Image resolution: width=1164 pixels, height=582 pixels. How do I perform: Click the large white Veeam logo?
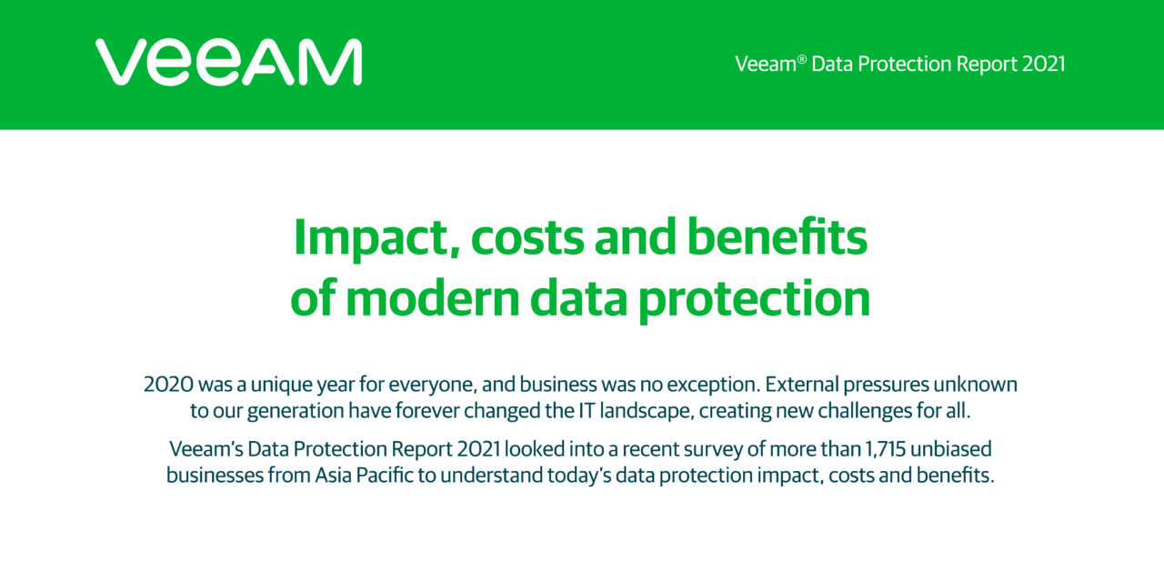click(x=228, y=62)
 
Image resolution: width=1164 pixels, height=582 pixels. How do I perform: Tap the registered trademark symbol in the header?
click(x=802, y=59)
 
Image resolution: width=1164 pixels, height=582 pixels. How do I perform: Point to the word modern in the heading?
click(x=432, y=299)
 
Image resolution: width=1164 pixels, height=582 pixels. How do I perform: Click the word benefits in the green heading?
click(x=778, y=237)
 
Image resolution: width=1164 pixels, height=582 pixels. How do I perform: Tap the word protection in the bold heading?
click(x=754, y=301)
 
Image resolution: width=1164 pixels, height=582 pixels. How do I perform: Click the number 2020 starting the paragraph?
click(x=168, y=385)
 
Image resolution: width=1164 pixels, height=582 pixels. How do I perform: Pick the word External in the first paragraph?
click(x=802, y=385)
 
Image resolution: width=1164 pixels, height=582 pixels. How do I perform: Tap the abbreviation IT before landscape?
click(x=587, y=410)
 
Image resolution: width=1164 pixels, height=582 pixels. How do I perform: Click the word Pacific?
click(x=385, y=475)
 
